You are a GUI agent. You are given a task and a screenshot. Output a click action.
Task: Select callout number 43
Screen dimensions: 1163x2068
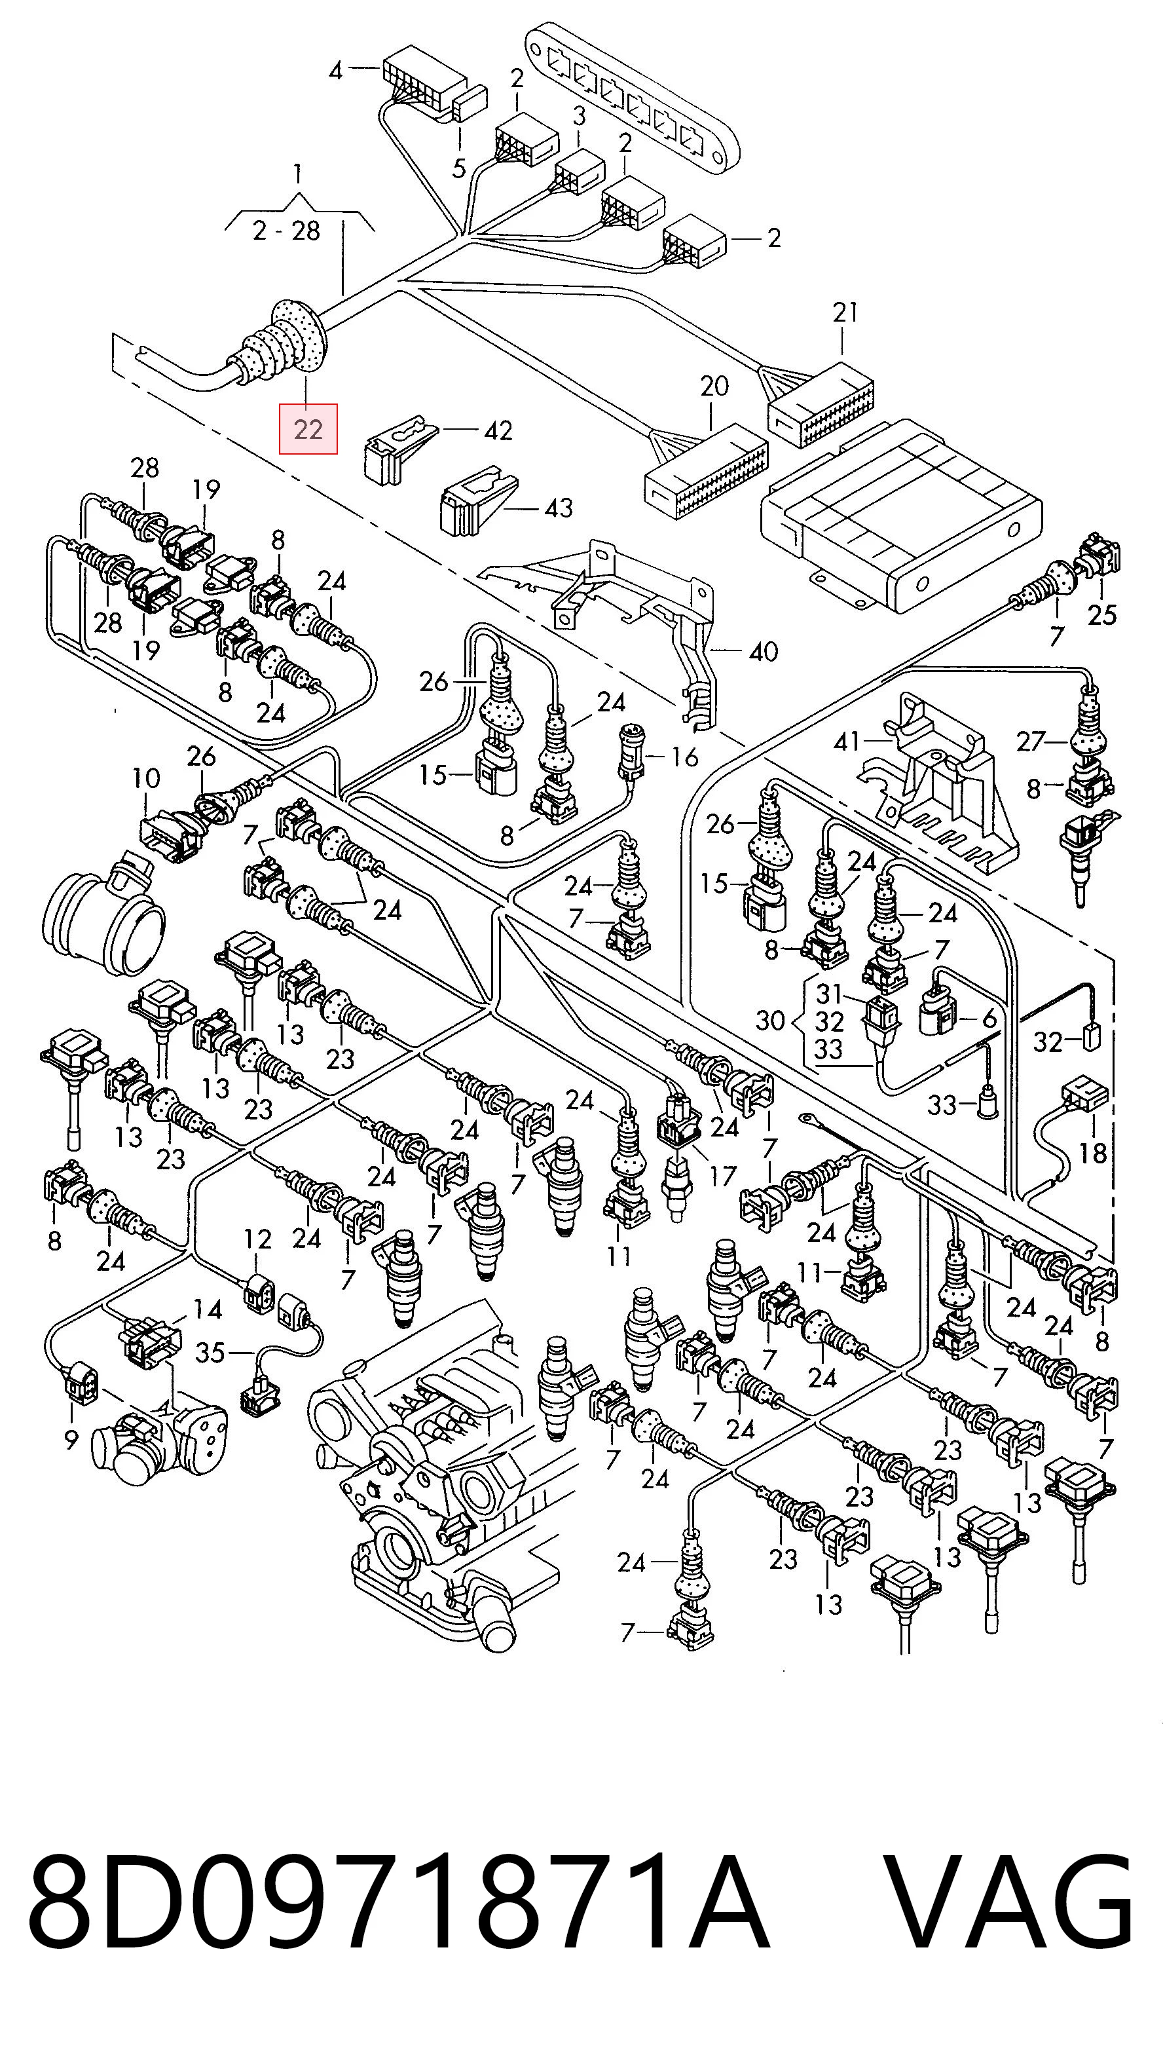tap(559, 508)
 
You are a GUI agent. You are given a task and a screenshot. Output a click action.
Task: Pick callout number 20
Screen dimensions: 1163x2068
tap(714, 386)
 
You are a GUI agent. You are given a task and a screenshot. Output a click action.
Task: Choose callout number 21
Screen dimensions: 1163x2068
tap(845, 312)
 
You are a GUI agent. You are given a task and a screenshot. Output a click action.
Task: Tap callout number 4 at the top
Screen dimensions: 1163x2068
tap(335, 71)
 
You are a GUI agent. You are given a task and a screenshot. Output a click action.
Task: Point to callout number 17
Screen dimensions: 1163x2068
tap(722, 1177)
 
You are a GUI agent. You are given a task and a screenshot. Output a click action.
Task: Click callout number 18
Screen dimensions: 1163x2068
tap(1092, 1154)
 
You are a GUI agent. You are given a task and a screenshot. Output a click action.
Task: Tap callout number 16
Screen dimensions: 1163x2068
tap(684, 756)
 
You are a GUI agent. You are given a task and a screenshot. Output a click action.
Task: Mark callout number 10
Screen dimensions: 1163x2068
tap(146, 778)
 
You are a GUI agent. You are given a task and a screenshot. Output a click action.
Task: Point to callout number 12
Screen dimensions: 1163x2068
tap(257, 1239)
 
